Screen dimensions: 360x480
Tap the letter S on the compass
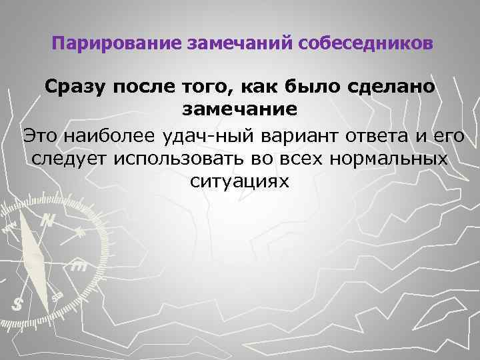(18, 303)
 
